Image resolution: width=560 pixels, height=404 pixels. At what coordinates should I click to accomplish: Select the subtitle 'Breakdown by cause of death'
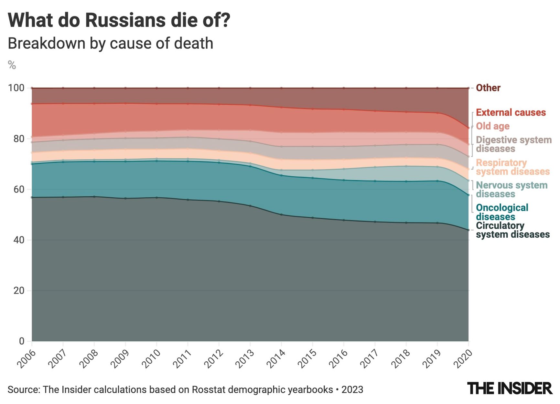[x=110, y=43]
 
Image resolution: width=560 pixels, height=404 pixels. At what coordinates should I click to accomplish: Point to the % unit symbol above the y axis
[x=12, y=65]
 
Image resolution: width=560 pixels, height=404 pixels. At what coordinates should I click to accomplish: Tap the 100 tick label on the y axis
[x=16, y=88]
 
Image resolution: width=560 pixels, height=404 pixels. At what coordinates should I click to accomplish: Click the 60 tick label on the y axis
[x=19, y=189]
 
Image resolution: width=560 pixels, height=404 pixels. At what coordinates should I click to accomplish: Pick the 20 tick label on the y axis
[x=19, y=291]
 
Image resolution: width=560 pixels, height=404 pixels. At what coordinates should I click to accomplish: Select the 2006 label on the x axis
[x=27, y=358]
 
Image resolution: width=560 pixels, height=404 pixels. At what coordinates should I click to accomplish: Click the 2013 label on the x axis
[x=245, y=358]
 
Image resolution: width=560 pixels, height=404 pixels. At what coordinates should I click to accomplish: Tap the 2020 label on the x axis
[x=463, y=358]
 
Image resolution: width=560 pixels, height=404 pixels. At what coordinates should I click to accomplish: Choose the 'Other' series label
[x=488, y=88]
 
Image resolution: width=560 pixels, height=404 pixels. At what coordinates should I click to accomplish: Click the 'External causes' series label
[x=511, y=112]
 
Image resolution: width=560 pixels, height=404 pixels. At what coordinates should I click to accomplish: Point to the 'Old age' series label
[x=492, y=126]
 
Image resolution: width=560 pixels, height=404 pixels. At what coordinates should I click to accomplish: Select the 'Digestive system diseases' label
[x=513, y=144]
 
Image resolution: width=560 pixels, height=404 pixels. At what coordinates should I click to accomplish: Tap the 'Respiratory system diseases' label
[x=512, y=167]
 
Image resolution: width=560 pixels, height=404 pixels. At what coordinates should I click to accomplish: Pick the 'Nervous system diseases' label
[x=512, y=190]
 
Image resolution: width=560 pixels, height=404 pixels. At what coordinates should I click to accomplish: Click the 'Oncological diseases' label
[x=502, y=212]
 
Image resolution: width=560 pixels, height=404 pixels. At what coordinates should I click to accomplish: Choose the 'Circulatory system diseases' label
[x=512, y=230]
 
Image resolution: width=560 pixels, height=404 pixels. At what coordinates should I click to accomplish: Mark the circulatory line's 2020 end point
[x=468, y=230]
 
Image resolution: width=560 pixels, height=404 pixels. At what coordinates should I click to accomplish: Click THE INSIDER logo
[x=510, y=388]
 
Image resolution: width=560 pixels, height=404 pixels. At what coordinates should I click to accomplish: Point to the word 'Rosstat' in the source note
[x=209, y=389]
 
